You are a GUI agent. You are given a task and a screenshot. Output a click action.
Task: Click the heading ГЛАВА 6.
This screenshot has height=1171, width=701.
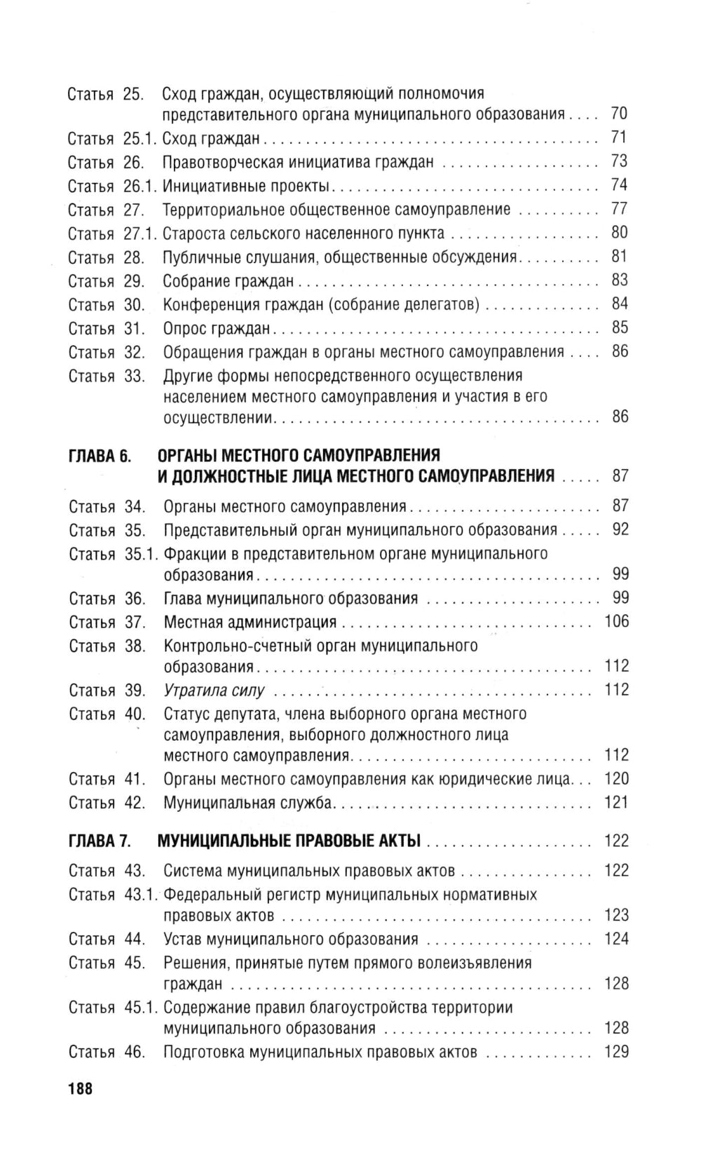click(x=100, y=456)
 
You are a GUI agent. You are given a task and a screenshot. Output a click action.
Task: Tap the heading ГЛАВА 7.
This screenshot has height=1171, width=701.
click(x=100, y=841)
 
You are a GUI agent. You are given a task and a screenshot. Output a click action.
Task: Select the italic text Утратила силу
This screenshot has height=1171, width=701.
click(x=214, y=691)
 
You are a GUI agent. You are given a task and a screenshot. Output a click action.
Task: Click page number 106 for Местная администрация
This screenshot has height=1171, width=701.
click(x=617, y=621)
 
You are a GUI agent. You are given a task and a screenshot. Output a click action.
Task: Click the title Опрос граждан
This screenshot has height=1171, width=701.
click(x=217, y=328)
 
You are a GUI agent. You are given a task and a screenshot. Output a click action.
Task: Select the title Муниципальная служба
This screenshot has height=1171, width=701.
click(x=247, y=803)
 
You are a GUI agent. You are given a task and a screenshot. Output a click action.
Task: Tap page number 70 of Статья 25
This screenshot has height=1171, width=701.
click(x=619, y=114)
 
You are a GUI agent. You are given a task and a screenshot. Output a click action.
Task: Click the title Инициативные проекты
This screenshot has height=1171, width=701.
click(x=246, y=186)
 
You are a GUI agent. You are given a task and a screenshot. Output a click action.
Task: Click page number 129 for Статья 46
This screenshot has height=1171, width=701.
click(x=617, y=1052)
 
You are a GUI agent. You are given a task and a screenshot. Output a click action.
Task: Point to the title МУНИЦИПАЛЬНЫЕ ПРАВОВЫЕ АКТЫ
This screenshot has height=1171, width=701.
click(x=290, y=841)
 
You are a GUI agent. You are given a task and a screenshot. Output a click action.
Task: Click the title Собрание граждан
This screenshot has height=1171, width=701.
click(x=229, y=281)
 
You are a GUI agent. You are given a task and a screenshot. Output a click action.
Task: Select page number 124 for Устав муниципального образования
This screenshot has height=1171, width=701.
click(x=617, y=939)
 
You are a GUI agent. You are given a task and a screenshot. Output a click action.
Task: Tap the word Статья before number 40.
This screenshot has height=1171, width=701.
click(x=92, y=715)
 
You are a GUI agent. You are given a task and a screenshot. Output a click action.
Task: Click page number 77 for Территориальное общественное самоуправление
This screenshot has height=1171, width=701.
click(x=619, y=209)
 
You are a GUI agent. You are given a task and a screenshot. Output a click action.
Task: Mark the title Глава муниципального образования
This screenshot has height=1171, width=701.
click(x=291, y=599)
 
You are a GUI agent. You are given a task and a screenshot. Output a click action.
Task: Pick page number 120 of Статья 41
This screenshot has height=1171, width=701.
click(x=617, y=779)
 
